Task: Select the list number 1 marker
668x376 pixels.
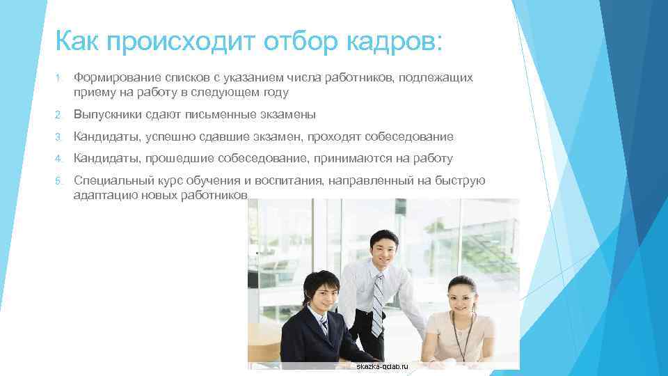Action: [60, 79]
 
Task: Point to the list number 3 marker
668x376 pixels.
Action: [60, 137]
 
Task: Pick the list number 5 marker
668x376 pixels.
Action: [60, 182]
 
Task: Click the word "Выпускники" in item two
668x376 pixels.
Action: [109, 114]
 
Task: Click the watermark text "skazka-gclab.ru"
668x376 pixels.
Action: [383, 366]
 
